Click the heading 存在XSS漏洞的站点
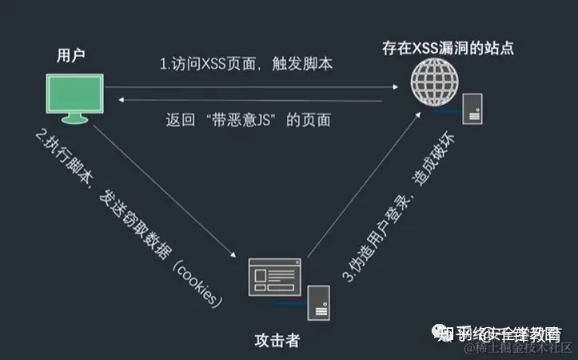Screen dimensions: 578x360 447,49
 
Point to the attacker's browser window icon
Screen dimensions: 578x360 274,278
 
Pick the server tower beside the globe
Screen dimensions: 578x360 475,106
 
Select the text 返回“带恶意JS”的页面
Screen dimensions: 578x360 249,121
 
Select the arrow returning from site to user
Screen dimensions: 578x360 256,98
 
